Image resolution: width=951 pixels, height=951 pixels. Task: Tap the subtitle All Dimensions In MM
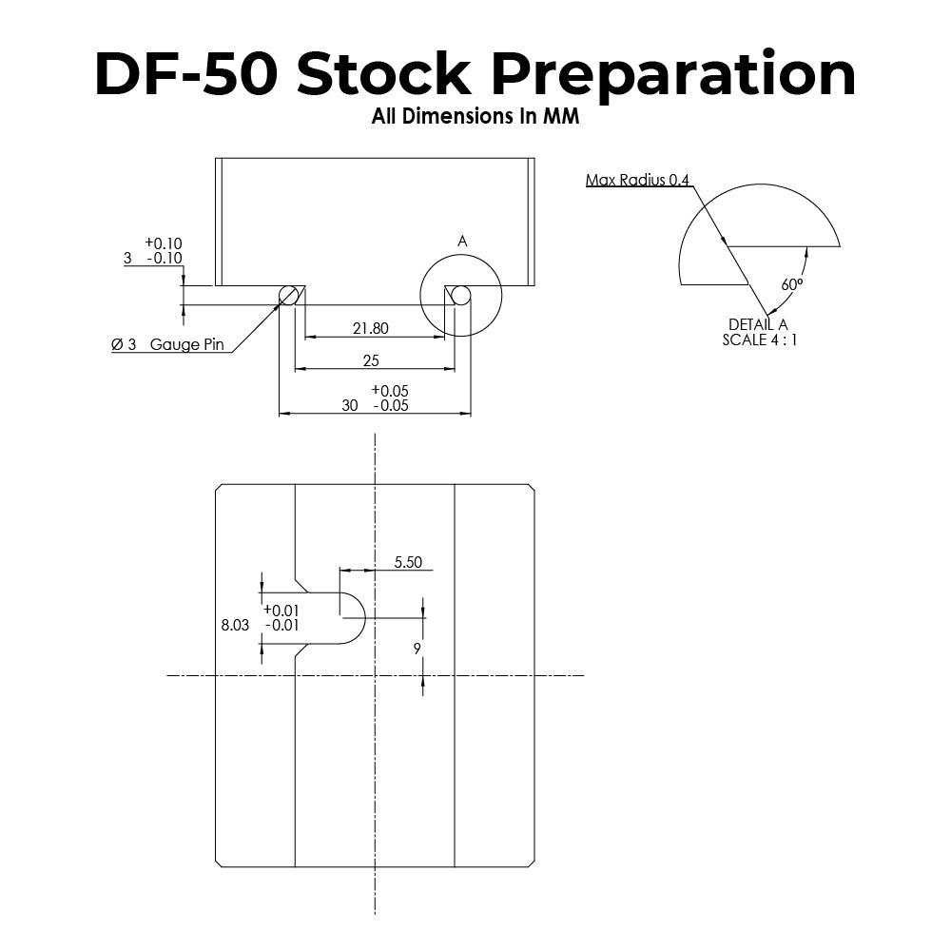point(475,120)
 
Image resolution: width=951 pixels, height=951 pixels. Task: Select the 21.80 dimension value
point(370,328)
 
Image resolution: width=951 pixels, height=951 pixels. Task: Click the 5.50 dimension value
point(407,562)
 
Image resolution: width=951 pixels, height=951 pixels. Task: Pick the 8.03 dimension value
point(235,625)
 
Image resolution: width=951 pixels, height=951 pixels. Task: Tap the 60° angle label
point(791,284)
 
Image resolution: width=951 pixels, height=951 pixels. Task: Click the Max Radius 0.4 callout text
point(637,180)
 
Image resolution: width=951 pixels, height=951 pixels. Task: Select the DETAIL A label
point(758,324)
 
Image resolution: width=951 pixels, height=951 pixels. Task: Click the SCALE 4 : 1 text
point(759,340)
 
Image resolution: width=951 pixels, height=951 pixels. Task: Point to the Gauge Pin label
point(186,344)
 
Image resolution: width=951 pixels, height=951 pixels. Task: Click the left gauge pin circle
point(289,296)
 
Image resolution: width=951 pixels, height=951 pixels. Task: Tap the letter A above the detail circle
point(462,242)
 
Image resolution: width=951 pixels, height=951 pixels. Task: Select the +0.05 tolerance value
point(390,390)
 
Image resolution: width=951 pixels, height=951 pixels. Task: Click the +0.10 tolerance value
point(163,243)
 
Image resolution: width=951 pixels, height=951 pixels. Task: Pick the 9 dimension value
point(417,648)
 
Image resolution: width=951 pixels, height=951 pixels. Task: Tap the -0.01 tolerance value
point(281,625)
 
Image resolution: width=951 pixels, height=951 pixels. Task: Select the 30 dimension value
point(350,405)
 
